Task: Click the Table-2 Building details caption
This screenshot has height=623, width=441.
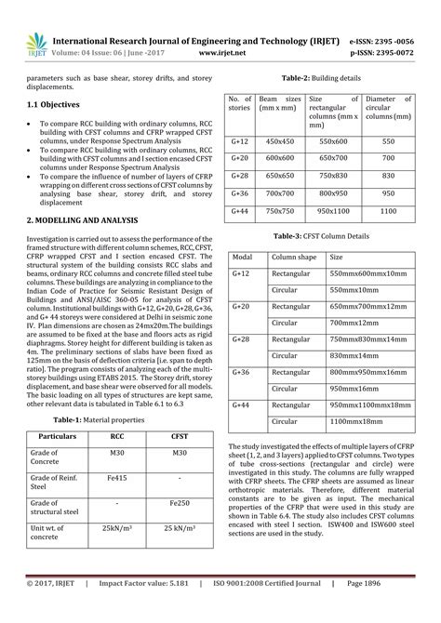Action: [x=321, y=79]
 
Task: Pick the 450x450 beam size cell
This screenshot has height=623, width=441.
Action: [x=281, y=139]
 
